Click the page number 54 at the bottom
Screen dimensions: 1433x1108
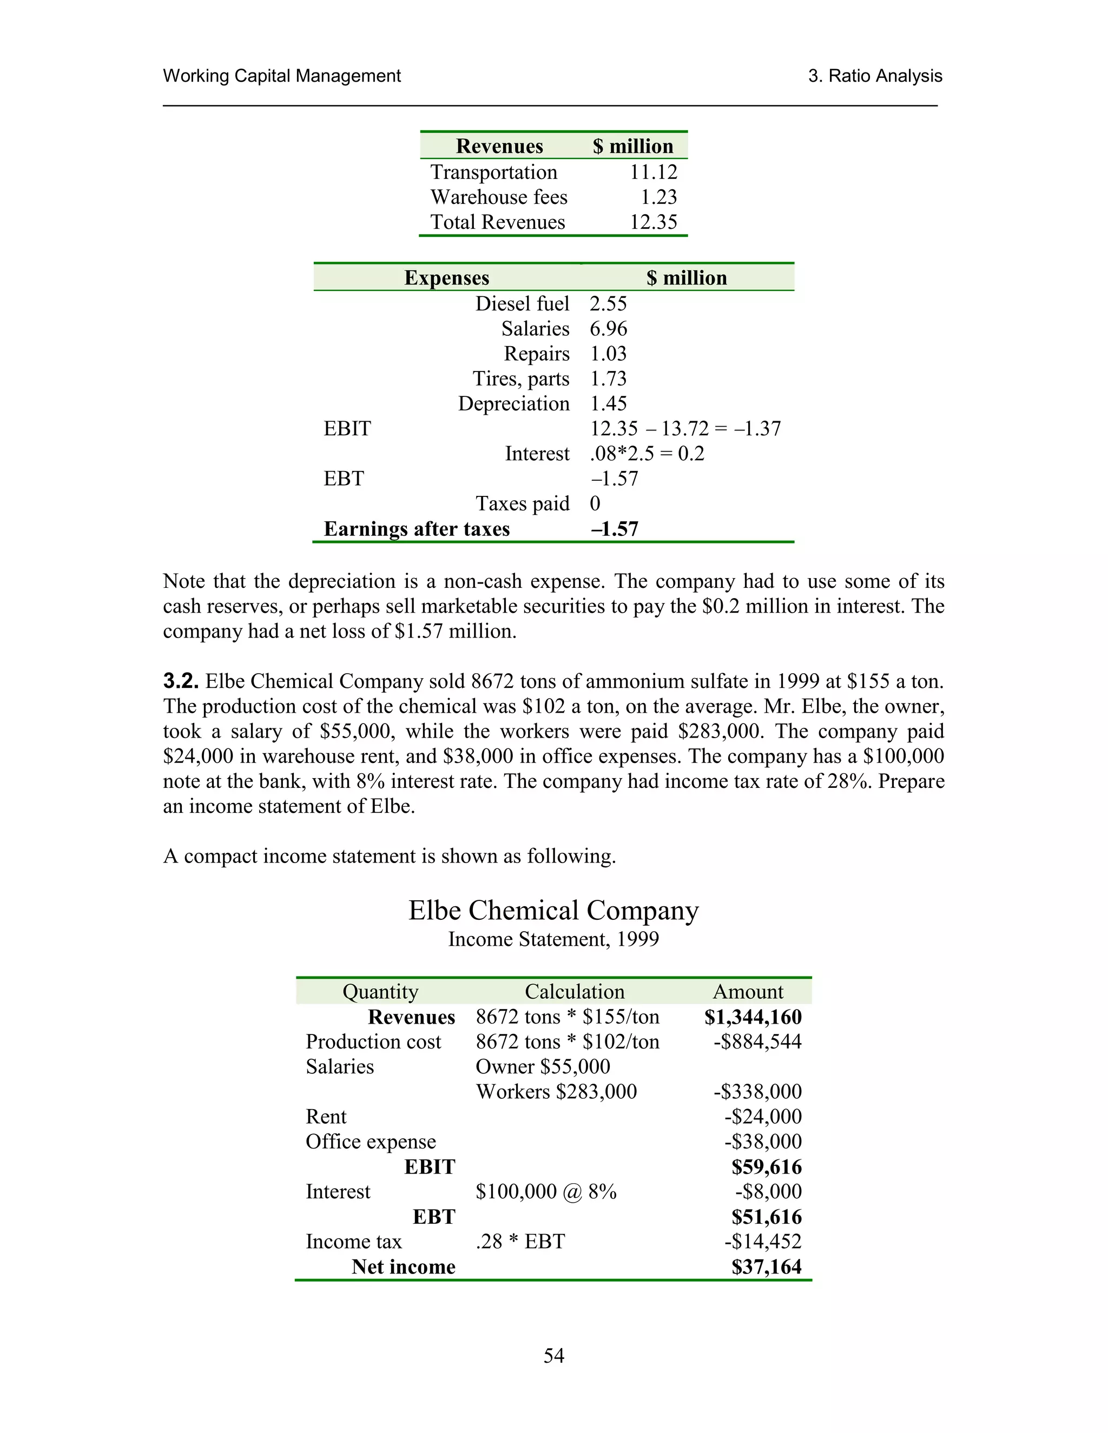[553, 1355]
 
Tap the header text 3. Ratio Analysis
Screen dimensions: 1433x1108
[874, 76]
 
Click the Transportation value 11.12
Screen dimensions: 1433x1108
[653, 172]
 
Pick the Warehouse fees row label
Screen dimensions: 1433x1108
[498, 197]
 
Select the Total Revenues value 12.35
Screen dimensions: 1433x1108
[653, 222]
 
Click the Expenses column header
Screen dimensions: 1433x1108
[446, 277]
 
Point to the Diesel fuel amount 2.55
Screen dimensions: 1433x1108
[608, 303]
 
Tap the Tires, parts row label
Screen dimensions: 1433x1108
[520, 379]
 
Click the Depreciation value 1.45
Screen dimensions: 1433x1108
[608, 403]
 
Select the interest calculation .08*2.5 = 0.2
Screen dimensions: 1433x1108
[647, 453]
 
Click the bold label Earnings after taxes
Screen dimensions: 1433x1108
[416, 529]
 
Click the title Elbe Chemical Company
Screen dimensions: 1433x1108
[553, 910]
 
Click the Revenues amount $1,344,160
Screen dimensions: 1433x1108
[753, 1017]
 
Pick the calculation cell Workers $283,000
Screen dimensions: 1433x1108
[556, 1092]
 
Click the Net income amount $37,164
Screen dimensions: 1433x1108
[766, 1267]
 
